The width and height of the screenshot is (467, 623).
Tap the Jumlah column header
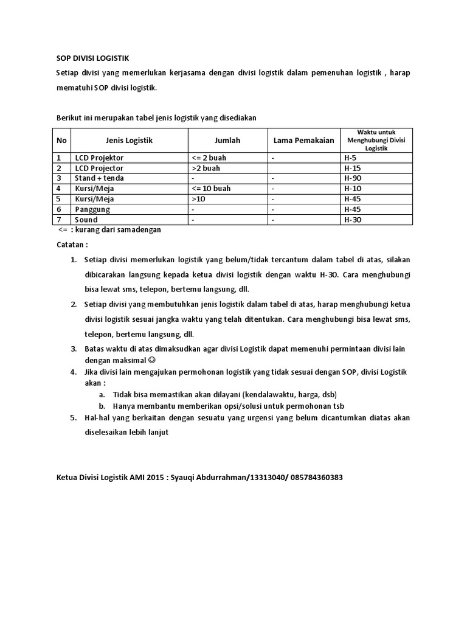(227, 141)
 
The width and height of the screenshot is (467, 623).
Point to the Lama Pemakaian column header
(303, 141)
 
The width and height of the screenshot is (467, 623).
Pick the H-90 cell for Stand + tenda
(353, 178)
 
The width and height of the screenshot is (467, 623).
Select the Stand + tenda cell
(100, 178)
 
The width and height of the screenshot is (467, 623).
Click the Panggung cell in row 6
(92, 209)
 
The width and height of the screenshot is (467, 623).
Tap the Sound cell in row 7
(87, 220)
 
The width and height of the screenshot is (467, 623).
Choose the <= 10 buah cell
(211, 189)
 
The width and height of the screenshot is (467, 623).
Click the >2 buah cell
(206, 168)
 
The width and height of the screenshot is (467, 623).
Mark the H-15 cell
(353, 168)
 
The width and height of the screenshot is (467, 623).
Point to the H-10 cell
(353, 189)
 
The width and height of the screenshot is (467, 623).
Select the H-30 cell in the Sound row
(353, 220)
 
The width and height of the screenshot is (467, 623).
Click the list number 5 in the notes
(73, 418)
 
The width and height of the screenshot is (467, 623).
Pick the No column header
(61, 141)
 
